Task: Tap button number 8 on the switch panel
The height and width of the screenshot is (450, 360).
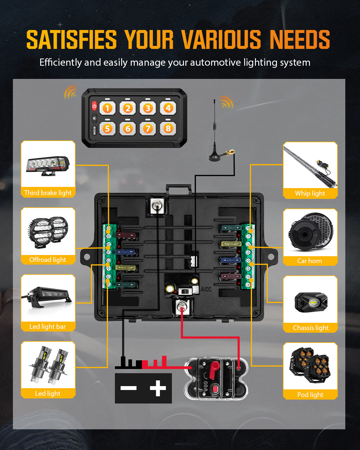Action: tap(168, 129)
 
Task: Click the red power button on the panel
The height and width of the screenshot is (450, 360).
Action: tap(94, 106)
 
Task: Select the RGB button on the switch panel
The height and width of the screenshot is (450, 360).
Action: tap(94, 130)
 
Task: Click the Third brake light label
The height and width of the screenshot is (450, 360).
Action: tap(48, 193)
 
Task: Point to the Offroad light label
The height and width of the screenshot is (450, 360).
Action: tap(48, 260)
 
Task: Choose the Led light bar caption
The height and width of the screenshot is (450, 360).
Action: tap(48, 327)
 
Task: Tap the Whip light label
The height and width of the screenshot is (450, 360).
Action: tap(310, 193)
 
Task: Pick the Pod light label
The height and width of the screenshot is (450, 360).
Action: tap(310, 395)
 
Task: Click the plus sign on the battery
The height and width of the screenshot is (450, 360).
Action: tap(158, 388)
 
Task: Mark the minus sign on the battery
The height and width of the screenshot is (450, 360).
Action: tap(128, 388)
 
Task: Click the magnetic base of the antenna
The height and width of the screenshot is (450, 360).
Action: tap(215, 157)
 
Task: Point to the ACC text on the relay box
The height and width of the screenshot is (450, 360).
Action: tap(206, 289)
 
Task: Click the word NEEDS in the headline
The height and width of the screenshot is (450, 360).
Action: tap(300, 40)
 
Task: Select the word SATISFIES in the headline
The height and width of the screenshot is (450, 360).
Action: tap(71, 40)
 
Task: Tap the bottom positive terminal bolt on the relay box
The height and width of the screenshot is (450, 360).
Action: tap(181, 307)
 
